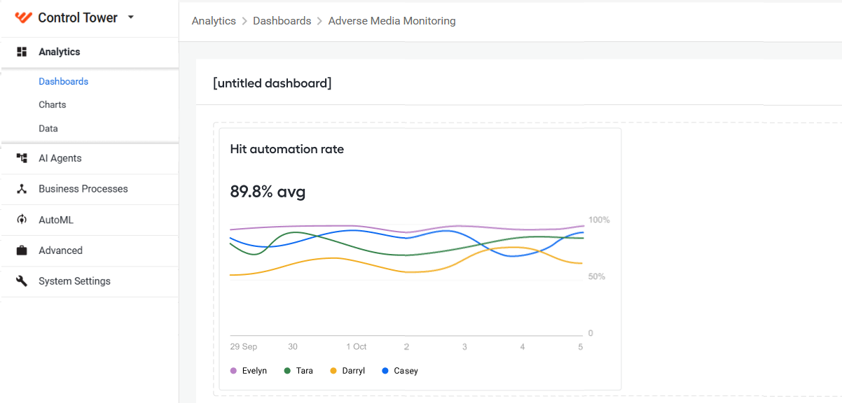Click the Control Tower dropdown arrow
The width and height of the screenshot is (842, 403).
tap(131, 17)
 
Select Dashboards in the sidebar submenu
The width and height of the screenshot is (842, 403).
tap(64, 81)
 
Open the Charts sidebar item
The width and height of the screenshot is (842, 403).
tap(53, 104)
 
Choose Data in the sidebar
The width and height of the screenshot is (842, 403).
tap(48, 129)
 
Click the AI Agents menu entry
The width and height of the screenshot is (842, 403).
tap(60, 158)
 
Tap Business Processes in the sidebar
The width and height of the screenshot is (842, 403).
tap(83, 188)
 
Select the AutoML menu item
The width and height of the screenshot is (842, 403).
tap(56, 220)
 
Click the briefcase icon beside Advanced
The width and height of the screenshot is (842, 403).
tap(22, 250)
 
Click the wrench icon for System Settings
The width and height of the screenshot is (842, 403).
tap(22, 281)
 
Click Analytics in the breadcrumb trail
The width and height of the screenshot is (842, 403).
tap(214, 21)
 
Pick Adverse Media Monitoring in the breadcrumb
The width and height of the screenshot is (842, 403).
tap(392, 21)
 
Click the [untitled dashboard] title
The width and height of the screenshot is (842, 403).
tap(272, 83)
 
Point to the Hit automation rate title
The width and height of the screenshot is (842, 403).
tap(287, 149)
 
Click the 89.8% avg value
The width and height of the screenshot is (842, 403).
tap(268, 192)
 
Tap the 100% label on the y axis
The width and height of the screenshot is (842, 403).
tap(599, 220)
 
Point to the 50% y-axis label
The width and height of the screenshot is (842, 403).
tap(597, 276)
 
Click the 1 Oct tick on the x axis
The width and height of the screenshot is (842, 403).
tap(356, 346)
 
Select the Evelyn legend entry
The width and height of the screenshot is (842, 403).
tap(249, 371)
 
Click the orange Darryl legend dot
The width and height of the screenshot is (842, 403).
tap(333, 371)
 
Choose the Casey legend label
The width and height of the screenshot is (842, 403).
tap(406, 371)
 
